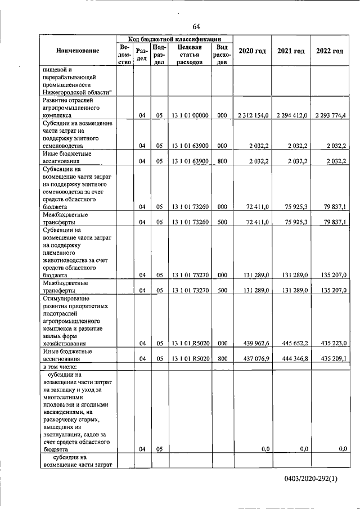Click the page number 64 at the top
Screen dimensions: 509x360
pos(196,26)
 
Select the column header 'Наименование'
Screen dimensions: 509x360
pos(78,51)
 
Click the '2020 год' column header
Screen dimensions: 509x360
pos(252,51)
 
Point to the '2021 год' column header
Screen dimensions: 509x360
pos(291,51)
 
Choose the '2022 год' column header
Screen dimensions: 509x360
pos(329,51)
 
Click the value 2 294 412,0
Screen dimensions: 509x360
pos(292,115)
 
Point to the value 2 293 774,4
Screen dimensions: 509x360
pos(330,115)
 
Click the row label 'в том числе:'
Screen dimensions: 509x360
pos(62,367)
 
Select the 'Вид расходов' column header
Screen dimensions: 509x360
pos(222,55)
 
